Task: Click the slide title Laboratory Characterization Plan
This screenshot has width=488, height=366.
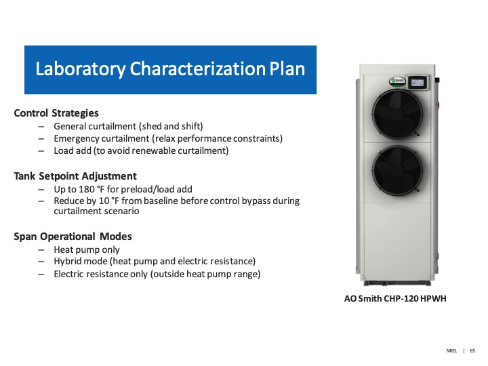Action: (x=170, y=69)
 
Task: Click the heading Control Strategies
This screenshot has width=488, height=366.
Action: (x=56, y=113)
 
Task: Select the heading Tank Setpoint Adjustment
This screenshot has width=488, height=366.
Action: (x=75, y=176)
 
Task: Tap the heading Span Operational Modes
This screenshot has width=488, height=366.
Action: (x=73, y=237)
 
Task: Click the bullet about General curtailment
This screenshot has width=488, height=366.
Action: (x=128, y=126)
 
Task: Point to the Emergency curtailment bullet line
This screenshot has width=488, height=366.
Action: (x=168, y=138)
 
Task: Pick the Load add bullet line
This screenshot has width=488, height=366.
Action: (x=141, y=150)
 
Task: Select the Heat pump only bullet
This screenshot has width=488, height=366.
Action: (x=87, y=249)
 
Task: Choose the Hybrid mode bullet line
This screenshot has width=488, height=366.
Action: (x=155, y=262)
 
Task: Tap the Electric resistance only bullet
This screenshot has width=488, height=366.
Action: (x=157, y=274)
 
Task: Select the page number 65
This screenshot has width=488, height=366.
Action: (x=472, y=350)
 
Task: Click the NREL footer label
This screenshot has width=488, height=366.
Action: (x=452, y=350)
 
